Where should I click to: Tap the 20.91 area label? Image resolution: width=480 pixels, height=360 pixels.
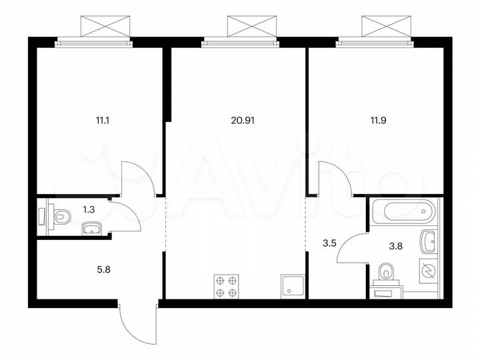[243, 121]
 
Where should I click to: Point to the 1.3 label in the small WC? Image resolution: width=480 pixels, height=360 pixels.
[88, 209]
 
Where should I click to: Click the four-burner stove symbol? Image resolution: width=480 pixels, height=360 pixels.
[225, 286]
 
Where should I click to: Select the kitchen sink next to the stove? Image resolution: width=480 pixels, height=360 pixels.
[294, 286]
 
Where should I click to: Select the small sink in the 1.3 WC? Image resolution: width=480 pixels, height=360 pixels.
[91, 230]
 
